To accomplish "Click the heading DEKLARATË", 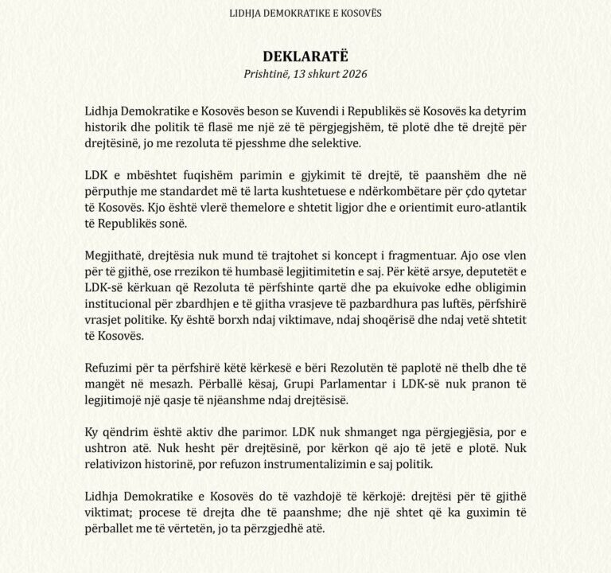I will (x=305, y=58).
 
